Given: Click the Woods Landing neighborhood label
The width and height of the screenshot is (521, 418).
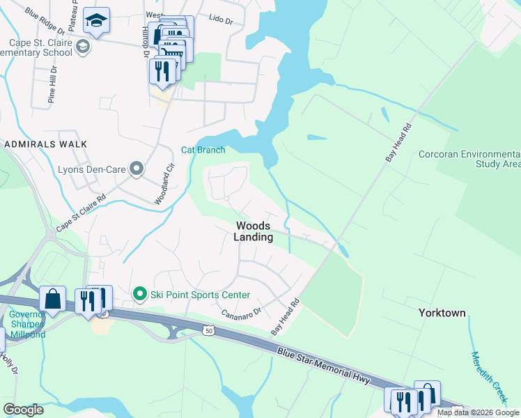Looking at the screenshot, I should [x=254, y=231].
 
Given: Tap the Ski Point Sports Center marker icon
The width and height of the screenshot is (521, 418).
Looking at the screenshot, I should [x=139, y=295].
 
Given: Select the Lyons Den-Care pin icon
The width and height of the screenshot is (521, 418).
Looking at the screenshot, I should [x=137, y=168].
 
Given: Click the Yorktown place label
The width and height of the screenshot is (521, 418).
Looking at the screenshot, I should [x=442, y=313].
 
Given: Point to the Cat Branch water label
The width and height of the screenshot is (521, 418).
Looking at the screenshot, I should [x=203, y=150].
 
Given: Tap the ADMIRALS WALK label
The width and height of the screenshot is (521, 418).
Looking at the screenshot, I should [x=45, y=144].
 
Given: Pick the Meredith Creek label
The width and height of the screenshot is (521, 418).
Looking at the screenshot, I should [x=487, y=376].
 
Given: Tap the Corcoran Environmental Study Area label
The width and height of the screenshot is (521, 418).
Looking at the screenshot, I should [x=469, y=159].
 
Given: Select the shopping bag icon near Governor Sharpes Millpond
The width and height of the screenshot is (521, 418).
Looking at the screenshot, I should [x=52, y=299].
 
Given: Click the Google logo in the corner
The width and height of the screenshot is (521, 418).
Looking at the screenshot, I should [x=23, y=410].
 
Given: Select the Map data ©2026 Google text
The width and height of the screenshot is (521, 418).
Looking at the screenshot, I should [x=478, y=412].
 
